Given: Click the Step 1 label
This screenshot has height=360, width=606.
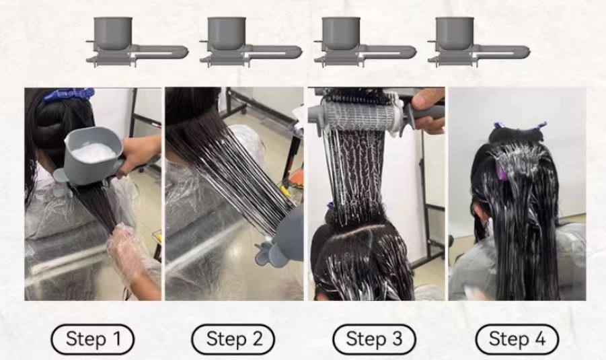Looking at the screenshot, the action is [x=92, y=339].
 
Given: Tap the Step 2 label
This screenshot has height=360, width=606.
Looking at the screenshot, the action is [x=233, y=339].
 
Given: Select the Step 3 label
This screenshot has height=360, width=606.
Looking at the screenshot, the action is [x=374, y=339].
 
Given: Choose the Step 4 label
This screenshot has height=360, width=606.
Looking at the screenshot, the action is [x=517, y=339].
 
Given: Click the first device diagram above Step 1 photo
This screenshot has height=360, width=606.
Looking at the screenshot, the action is [x=137, y=42].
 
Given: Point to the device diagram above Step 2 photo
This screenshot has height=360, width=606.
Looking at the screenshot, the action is [x=251, y=42].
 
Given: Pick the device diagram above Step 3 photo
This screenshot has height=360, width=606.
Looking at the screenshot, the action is [x=365, y=42].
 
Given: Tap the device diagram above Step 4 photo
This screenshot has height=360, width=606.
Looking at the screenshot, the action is [x=479, y=42].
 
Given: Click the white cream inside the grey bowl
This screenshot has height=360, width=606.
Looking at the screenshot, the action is [x=95, y=152].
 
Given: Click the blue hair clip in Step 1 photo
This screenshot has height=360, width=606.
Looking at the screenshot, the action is [x=69, y=94].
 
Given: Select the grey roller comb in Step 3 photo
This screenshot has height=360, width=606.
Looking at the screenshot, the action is [x=358, y=114].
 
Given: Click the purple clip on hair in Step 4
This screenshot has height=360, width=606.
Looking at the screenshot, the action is [x=501, y=173].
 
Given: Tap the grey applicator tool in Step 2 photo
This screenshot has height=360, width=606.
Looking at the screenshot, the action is [x=282, y=240].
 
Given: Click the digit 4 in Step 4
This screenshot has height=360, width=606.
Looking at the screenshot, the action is [x=539, y=339].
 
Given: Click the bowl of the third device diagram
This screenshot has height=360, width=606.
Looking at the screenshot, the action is [x=341, y=33].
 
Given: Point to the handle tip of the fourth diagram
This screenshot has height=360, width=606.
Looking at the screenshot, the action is [x=527, y=52].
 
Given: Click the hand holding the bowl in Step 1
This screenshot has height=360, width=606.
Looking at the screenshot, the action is [x=140, y=152].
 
